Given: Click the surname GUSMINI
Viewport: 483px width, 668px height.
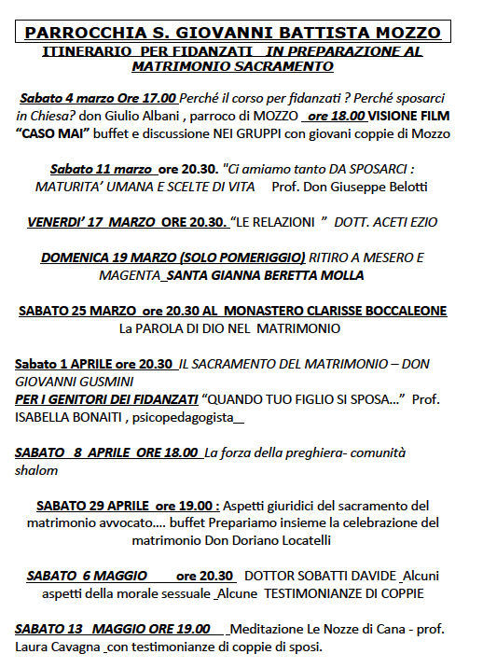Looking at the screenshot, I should pos(105,382).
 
